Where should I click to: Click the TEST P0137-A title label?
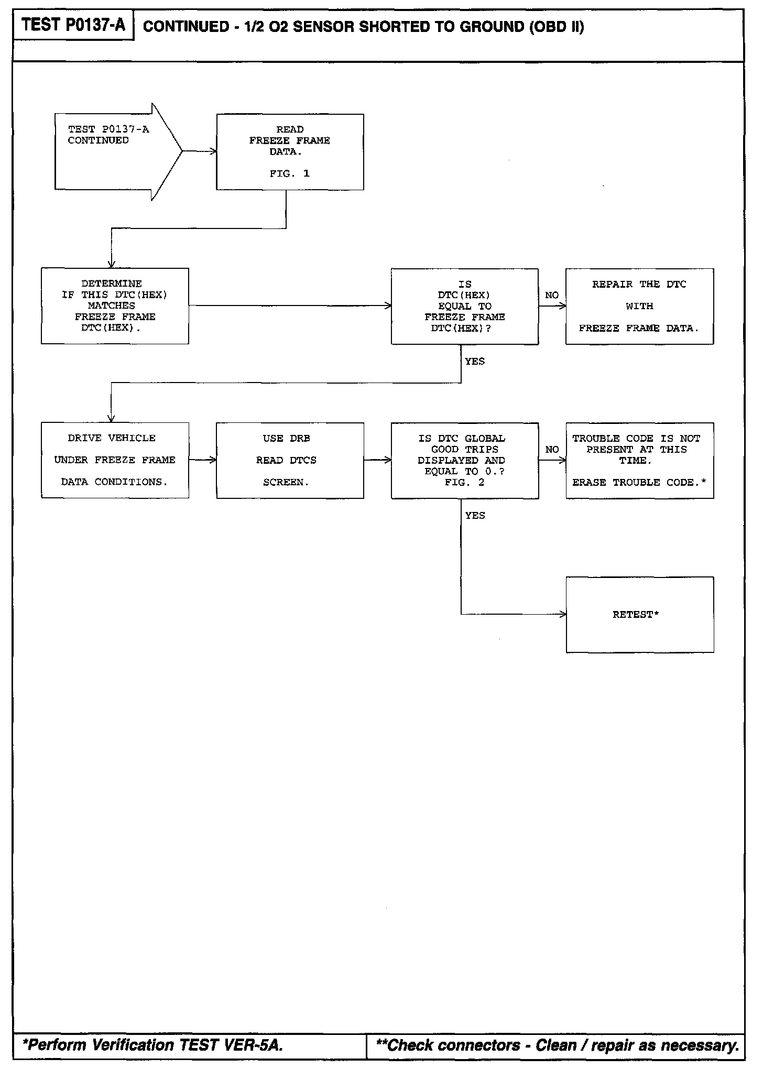(74, 25)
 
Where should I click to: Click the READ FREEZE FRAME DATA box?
(290, 151)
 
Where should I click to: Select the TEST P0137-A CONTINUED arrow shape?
(115, 151)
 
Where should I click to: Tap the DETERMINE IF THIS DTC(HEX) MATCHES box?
(115, 306)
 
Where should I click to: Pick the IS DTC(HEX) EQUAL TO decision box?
(464, 307)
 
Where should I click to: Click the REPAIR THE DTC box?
(639, 307)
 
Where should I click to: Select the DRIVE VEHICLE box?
(115, 460)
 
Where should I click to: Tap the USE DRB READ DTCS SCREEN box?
(290, 460)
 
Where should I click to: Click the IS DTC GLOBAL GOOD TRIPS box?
(464, 460)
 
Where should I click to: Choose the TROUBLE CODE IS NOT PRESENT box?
(639, 460)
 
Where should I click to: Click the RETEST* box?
(639, 615)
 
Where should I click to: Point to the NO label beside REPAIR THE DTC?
(552, 296)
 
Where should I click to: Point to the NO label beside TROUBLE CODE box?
(552, 450)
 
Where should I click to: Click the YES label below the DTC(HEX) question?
(475, 362)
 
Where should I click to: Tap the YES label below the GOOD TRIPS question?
(475, 516)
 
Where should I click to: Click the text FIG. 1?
(290, 174)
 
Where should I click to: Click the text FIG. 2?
(464, 482)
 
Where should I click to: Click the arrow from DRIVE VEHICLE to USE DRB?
(202, 460)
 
